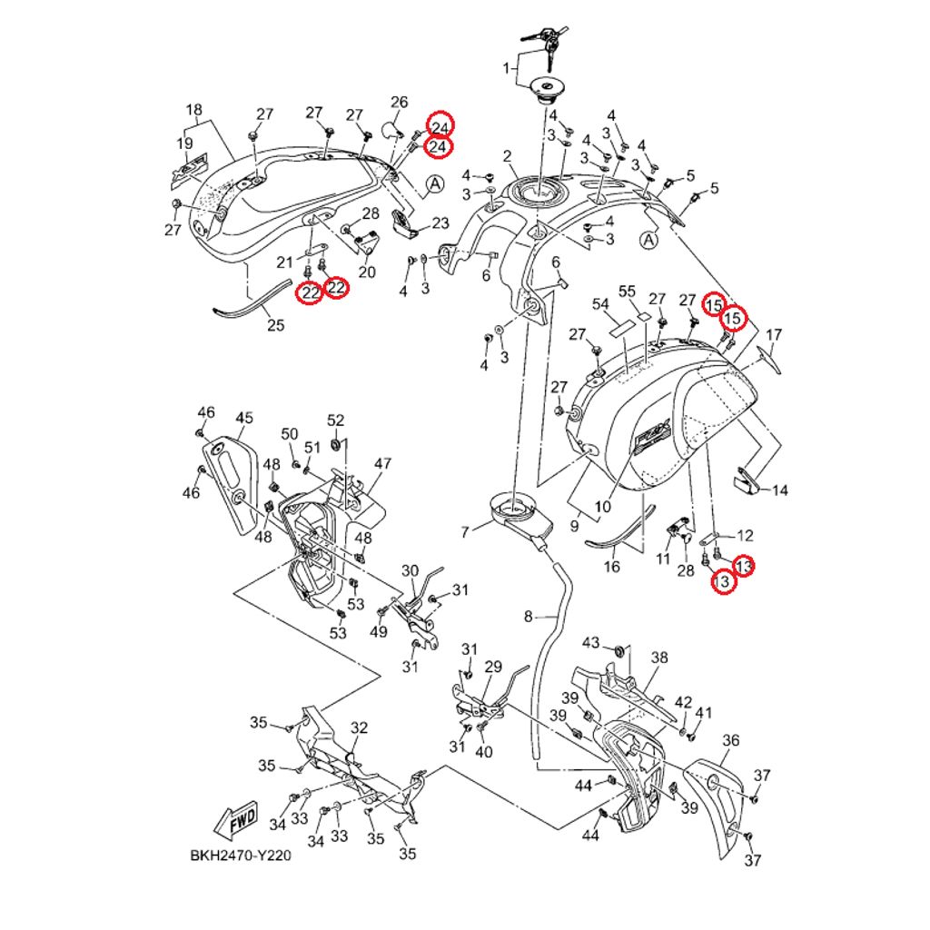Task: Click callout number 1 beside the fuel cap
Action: click(507, 68)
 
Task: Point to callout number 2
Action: click(507, 155)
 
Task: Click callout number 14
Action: click(779, 490)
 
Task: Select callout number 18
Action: click(193, 111)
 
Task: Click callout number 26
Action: click(400, 102)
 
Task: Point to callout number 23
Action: click(440, 223)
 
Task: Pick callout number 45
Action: click(243, 418)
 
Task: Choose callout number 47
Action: click(381, 463)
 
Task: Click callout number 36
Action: click(731, 741)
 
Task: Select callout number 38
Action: click(659, 657)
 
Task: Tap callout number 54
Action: click(600, 303)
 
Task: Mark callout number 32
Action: click(360, 727)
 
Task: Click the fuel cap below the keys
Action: click(549, 88)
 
